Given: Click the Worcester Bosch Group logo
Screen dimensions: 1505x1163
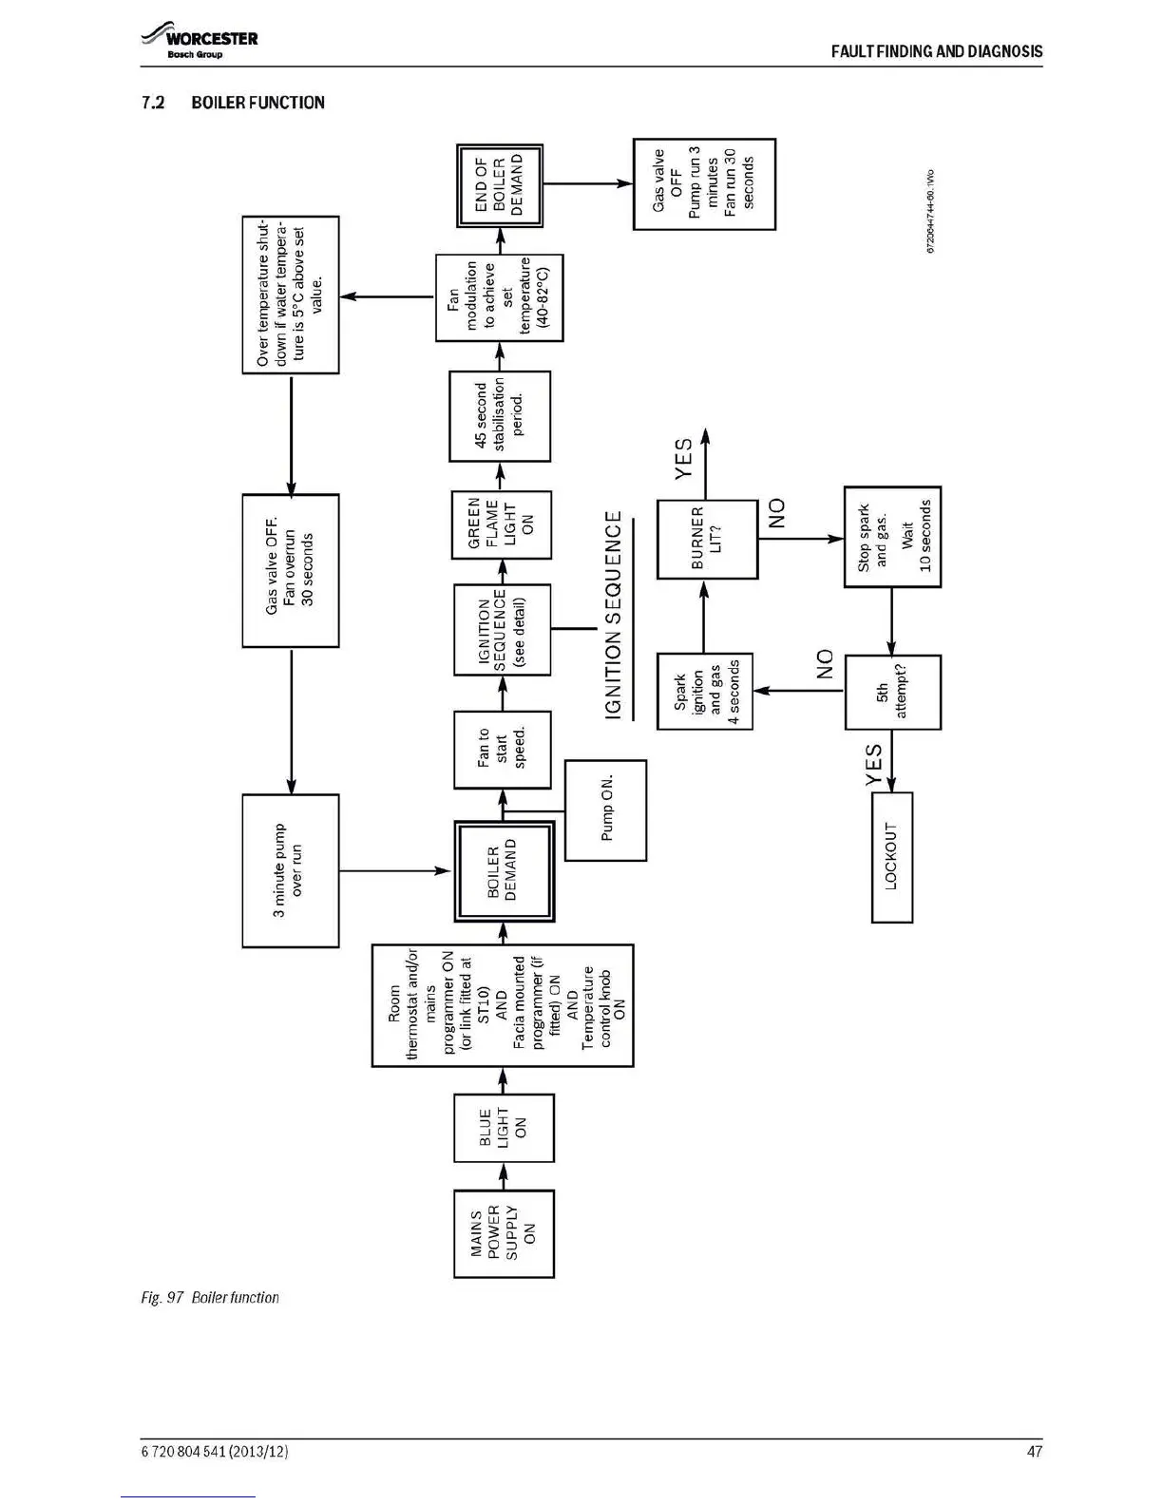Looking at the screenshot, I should [200, 43].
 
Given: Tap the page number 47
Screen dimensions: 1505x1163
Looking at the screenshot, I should [1034, 1451].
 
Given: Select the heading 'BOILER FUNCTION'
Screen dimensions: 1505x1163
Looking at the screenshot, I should [257, 103].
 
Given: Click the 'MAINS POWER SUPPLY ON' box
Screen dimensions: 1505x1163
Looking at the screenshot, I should [504, 1232].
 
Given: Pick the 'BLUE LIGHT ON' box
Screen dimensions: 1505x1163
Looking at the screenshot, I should [504, 1128].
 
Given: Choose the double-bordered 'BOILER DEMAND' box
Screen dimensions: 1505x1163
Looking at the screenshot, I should [504, 872].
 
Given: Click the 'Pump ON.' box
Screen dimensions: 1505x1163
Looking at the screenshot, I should [605, 810].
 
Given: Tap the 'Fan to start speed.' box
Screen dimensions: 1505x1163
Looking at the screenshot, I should [502, 749].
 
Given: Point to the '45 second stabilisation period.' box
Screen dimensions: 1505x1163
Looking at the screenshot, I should [500, 415].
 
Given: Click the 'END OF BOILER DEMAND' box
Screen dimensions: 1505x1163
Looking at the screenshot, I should [500, 185].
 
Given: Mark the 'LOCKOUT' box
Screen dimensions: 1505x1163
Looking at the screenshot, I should [891, 856].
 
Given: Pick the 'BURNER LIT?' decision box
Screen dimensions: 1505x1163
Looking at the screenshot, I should [707, 538].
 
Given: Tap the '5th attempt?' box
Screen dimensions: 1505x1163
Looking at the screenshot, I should [892, 692].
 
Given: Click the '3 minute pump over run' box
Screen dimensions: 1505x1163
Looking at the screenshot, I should [290, 870].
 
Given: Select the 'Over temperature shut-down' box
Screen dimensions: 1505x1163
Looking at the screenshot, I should [291, 295].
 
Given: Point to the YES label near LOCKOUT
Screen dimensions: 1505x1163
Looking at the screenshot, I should [874, 765].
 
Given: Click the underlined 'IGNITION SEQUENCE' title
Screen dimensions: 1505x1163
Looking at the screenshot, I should [614, 615].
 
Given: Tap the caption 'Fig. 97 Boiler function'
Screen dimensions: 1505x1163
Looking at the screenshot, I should [210, 1297].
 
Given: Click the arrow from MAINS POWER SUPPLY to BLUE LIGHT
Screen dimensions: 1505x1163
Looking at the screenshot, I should [504, 1175].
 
